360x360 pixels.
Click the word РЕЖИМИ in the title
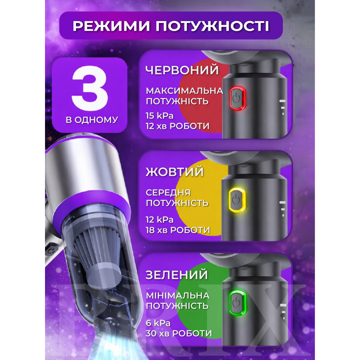click(x=111, y=26)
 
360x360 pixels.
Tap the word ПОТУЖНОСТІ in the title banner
click(x=212, y=26)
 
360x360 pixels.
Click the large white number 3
click(x=90, y=87)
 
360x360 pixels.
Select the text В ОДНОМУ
click(x=92, y=120)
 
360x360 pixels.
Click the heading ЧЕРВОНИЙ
click(x=182, y=70)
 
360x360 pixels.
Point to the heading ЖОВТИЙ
click(x=175, y=172)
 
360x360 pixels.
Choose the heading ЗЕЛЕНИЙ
click(x=176, y=275)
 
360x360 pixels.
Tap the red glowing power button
click(x=238, y=98)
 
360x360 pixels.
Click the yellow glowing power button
click(x=237, y=200)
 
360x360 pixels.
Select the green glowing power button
click(x=238, y=302)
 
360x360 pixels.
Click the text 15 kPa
click(x=160, y=116)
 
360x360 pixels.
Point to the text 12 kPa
click(x=160, y=220)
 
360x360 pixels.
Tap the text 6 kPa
click(x=158, y=323)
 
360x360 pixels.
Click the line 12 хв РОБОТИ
click(x=177, y=126)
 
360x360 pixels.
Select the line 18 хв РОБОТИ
click(x=178, y=230)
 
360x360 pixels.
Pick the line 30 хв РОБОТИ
click(x=179, y=333)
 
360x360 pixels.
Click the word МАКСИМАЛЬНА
click(x=184, y=91)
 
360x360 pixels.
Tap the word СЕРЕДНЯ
click(x=168, y=193)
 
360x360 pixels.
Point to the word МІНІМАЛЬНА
click(x=178, y=296)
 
